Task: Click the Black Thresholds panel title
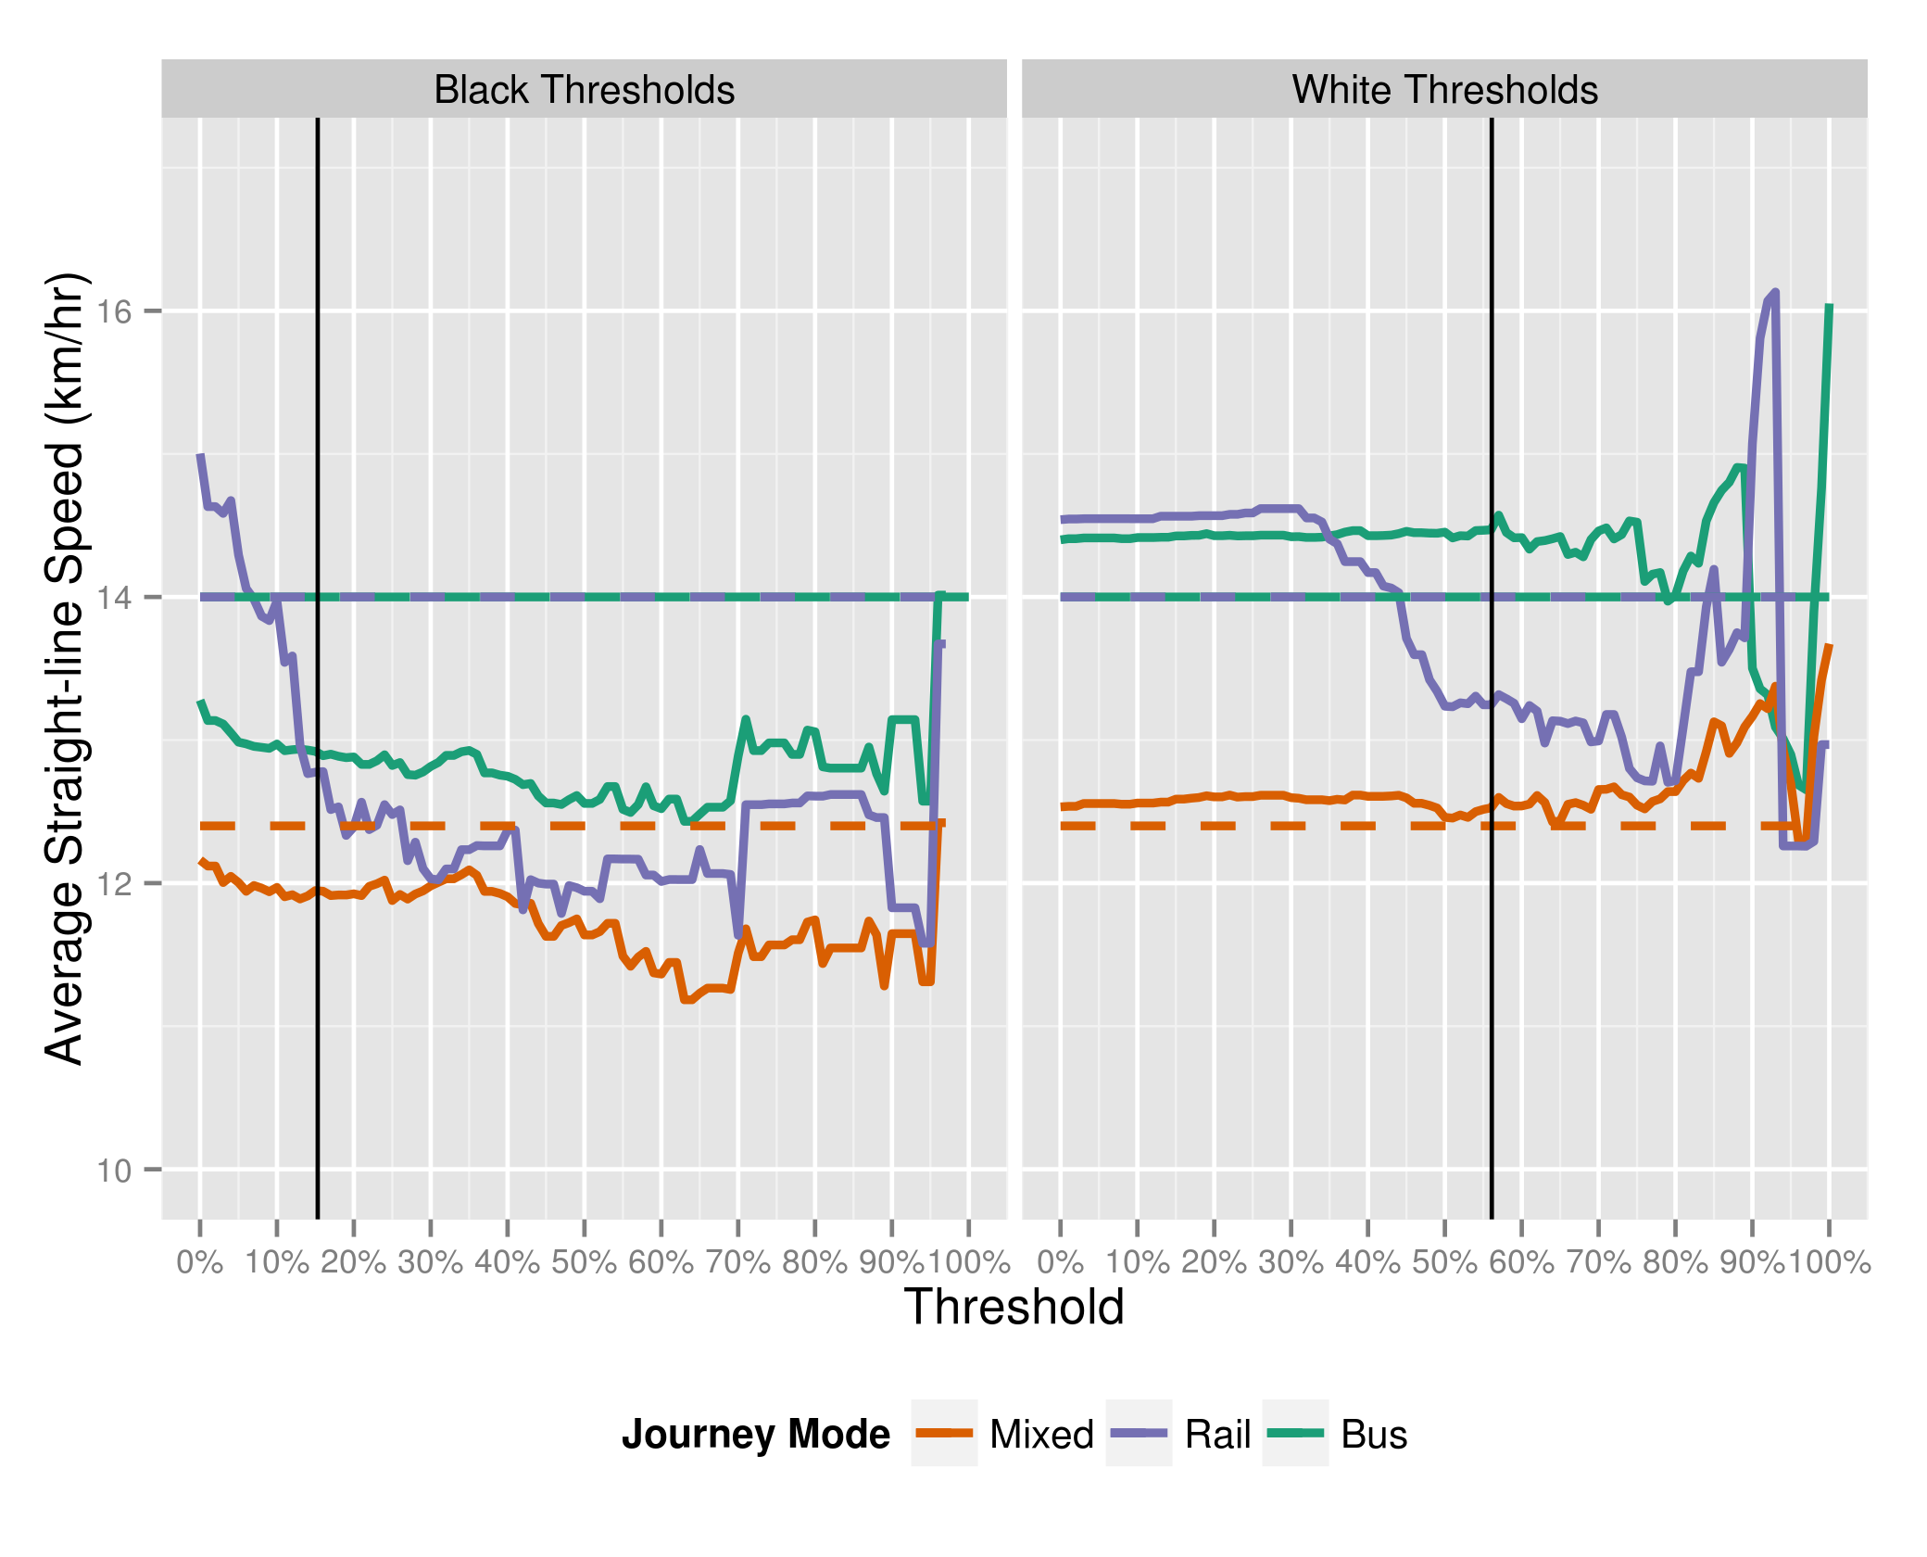tap(584, 90)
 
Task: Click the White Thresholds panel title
tap(1444, 90)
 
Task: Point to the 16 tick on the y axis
tap(115, 311)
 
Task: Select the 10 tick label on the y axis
tap(115, 1171)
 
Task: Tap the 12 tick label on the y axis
tap(115, 884)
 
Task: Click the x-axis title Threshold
tap(1014, 1307)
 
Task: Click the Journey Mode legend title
tap(755, 1434)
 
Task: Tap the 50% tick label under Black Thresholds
tap(584, 1262)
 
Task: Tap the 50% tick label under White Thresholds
tap(1444, 1262)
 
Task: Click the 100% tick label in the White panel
tap(1829, 1262)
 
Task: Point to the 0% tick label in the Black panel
tap(200, 1262)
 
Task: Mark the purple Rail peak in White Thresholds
tap(1774, 293)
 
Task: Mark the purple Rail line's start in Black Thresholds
tap(200, 456)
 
